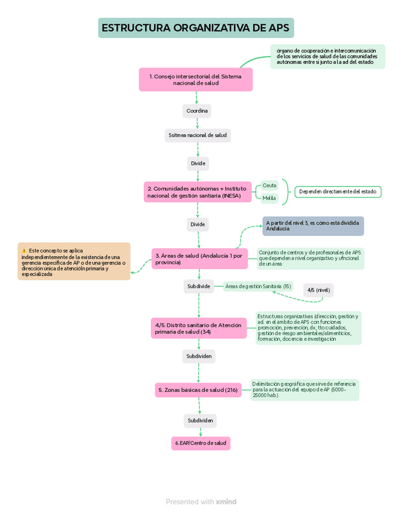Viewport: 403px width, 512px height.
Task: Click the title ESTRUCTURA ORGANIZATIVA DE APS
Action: point(196,28)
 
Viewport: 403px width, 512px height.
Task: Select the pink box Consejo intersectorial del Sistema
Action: point(196,80)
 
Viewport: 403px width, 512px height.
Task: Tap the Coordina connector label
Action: point(197,111)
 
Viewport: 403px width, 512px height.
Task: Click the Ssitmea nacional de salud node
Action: point(198,135)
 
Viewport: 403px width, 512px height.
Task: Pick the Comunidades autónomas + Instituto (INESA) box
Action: point(198,192)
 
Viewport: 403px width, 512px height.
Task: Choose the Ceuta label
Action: point(269,185)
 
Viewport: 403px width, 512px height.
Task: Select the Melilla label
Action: point(269,198)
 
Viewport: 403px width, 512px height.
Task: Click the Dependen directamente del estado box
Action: point(338,192)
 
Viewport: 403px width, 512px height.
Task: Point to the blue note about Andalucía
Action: point(313,226)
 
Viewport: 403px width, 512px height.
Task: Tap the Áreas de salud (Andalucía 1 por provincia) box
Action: point(199,258)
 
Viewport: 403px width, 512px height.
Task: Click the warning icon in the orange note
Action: point(24,251)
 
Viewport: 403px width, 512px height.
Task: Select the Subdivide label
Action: point(199,286)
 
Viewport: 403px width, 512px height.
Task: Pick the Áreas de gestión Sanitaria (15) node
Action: point(257,286)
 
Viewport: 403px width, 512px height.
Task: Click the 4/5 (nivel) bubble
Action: point(318,290)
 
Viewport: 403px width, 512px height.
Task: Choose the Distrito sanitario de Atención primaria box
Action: point(199,328)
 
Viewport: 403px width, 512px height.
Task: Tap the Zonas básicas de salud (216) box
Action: point(198,390)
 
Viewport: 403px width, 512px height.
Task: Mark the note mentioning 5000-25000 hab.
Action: point(305,390)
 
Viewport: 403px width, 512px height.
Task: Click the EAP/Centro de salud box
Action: point(201,444)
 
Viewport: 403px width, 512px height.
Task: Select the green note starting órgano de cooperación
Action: point(327,56)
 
